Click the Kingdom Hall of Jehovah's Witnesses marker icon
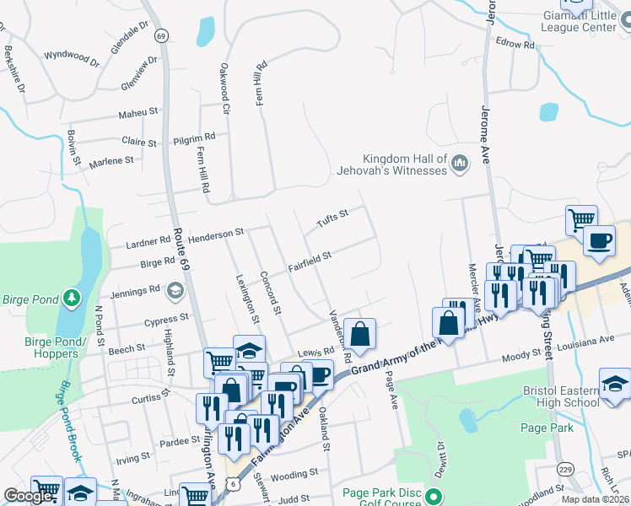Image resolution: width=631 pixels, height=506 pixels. pyautogui.click(x=460, y=163)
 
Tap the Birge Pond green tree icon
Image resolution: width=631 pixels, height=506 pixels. pyautogui.click(x=72, y=297)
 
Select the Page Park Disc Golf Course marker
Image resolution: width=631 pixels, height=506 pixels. pyautogui.click(x=434, y=495)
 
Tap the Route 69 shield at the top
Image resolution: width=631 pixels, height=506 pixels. pyautogui.click(x=161, y=35)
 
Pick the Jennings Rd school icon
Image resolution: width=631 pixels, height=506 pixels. pyautogui.click(x=175, y=291)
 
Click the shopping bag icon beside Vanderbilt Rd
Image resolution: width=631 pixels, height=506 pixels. pyautogui.click(x=360, y=333)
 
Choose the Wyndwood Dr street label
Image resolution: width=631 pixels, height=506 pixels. pyautogui.click(x=72, y=57)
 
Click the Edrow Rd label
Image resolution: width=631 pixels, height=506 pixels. pyautogui.click(x=515, y=43)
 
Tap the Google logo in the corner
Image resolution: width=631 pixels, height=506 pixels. pyautogui.click(x=28, y=496)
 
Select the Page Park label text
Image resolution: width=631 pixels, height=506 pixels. pyautogui.click(x=547, y=428)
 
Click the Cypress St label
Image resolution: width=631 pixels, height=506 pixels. pyautogui.click(x=166, y=320)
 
